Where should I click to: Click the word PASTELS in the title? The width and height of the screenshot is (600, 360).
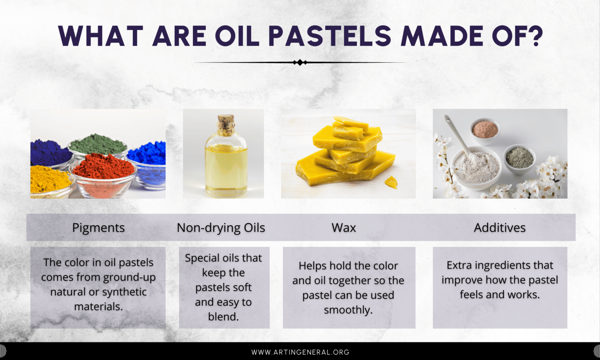pos(330,36)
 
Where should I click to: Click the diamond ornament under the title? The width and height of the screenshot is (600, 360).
pos(300,62)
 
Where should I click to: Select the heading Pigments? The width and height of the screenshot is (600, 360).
pos(98,228)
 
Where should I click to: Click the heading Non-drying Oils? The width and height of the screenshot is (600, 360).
pos(221,228)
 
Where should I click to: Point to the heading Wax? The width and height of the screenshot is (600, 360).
pos(344,228)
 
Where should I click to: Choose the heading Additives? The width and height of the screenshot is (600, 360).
pos(500,228)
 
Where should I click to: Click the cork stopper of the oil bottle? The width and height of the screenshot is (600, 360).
pos(226,123)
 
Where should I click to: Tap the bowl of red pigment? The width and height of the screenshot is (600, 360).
pos(104,176)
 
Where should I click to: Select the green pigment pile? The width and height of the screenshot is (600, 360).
pos(98,144)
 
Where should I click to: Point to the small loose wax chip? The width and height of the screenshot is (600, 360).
pos(391,182)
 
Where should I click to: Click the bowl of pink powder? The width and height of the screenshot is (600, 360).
pos(485,130)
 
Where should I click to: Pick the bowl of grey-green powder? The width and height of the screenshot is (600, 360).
pos(519,158)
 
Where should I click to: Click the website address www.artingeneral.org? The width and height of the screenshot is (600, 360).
pos(300,352)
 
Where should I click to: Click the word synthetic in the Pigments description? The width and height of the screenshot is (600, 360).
pos(123,292)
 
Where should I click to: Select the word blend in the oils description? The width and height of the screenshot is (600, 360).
pos(223,317)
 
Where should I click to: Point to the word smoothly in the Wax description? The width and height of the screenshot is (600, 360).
pos(348,310)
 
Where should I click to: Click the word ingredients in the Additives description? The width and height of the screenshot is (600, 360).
pos(498,265)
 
